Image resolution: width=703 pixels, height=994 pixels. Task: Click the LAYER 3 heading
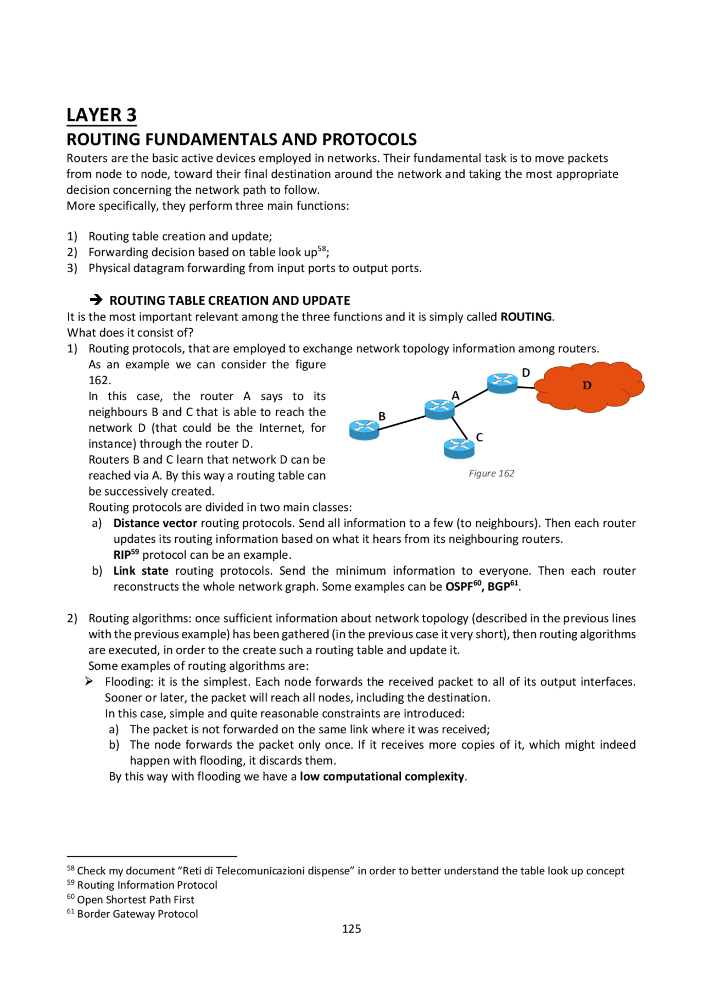coord(102,115)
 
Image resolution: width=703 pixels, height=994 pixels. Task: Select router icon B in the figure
coord(364,430)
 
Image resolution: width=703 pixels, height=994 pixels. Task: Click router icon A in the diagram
coord(439,409)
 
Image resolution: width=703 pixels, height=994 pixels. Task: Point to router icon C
coord(459,448)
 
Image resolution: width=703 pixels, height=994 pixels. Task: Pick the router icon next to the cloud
coord(502,383)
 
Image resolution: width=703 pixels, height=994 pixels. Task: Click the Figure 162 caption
coord(492,473)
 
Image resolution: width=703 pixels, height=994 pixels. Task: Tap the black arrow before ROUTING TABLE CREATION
coord(96,300)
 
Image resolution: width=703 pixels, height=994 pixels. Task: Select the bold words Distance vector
coord(155,523)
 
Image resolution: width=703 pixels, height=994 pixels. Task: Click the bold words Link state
coord(141,571)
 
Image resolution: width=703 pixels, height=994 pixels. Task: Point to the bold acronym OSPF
coord(459,587)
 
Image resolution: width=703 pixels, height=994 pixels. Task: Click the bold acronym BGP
coord(498,587)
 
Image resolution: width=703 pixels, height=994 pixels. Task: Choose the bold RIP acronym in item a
coord(121,555)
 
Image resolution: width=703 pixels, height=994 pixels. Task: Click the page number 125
coord(351,929)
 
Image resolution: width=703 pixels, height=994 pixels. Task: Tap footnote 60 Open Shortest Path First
coord(135,900)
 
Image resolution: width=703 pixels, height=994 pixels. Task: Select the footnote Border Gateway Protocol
coord(137,914)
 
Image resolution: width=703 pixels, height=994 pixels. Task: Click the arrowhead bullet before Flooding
coord(89,681)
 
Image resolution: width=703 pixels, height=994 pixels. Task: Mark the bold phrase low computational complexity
coord(382,777)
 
